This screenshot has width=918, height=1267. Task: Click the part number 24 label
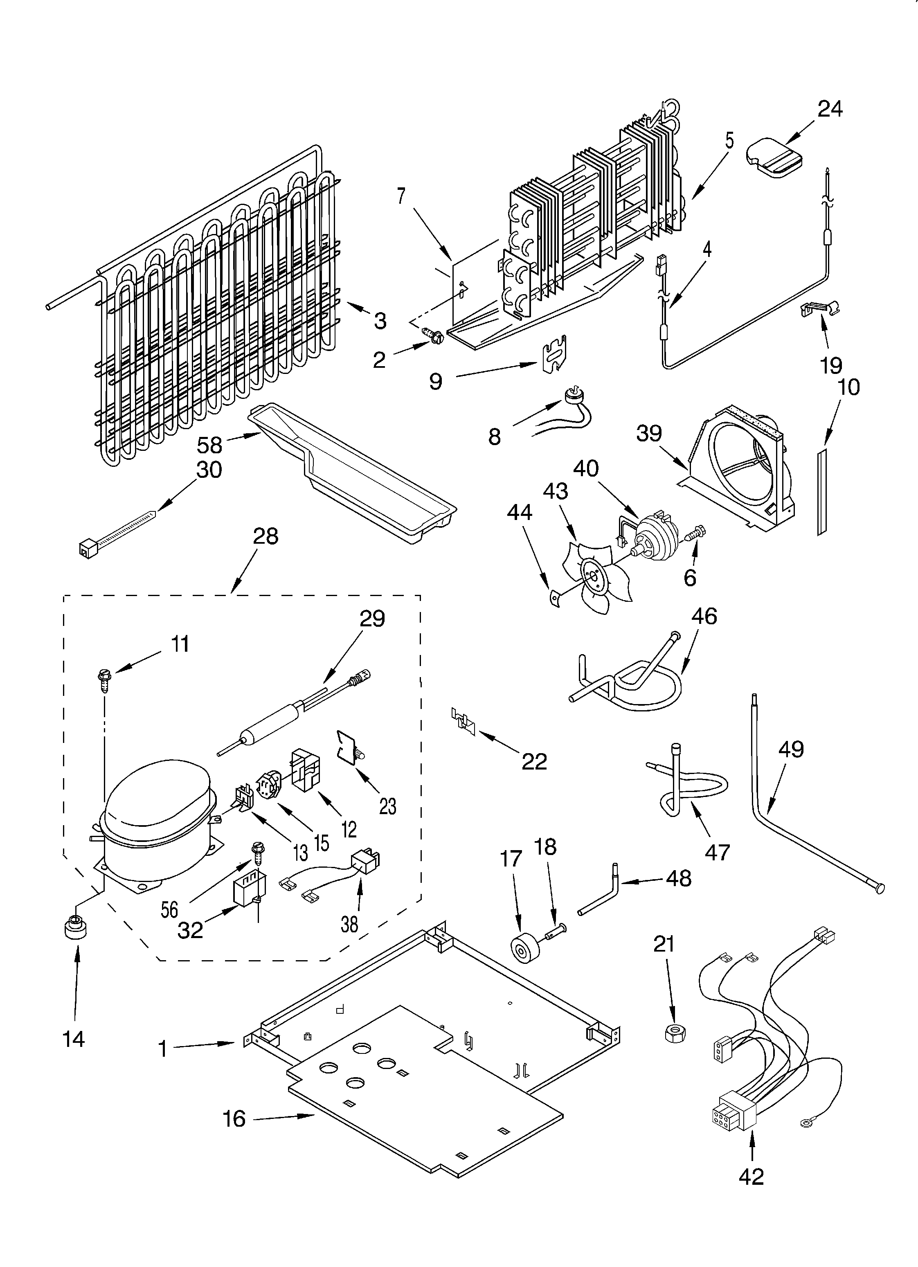tap(830, 108)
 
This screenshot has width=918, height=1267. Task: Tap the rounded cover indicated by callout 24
tap(774, 158)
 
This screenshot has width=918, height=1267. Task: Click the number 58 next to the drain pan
tap(209, 445)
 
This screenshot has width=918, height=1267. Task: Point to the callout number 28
tap(265, 536)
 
